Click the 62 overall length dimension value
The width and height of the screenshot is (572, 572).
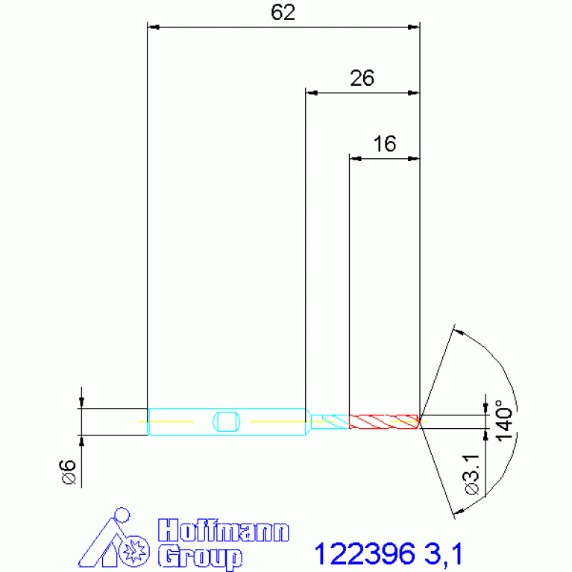click(283, 13)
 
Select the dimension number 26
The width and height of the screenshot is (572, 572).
click(362, 78)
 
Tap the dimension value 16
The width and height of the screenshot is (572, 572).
click(385, 144)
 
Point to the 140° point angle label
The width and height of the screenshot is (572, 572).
click(504, 421)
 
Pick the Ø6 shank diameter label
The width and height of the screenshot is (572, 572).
click(68, 471)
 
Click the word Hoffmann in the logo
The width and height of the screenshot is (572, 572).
click(224, 530)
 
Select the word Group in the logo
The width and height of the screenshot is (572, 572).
click(200, 557)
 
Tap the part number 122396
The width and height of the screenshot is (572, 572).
click(365, 554)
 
